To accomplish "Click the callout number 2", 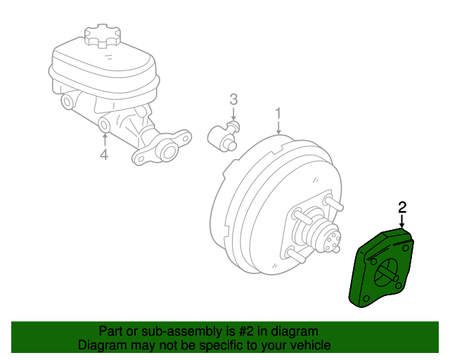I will pyautogui.click(x=402, y=207).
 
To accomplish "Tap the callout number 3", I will pyautogui.click(x=234, y=100).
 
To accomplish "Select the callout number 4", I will pyautogui.click(x=103, y=153).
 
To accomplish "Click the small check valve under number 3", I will pyautogui.click(x=226, y=134).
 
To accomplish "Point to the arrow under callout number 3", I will pyautogui.click(x=234, y=115).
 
